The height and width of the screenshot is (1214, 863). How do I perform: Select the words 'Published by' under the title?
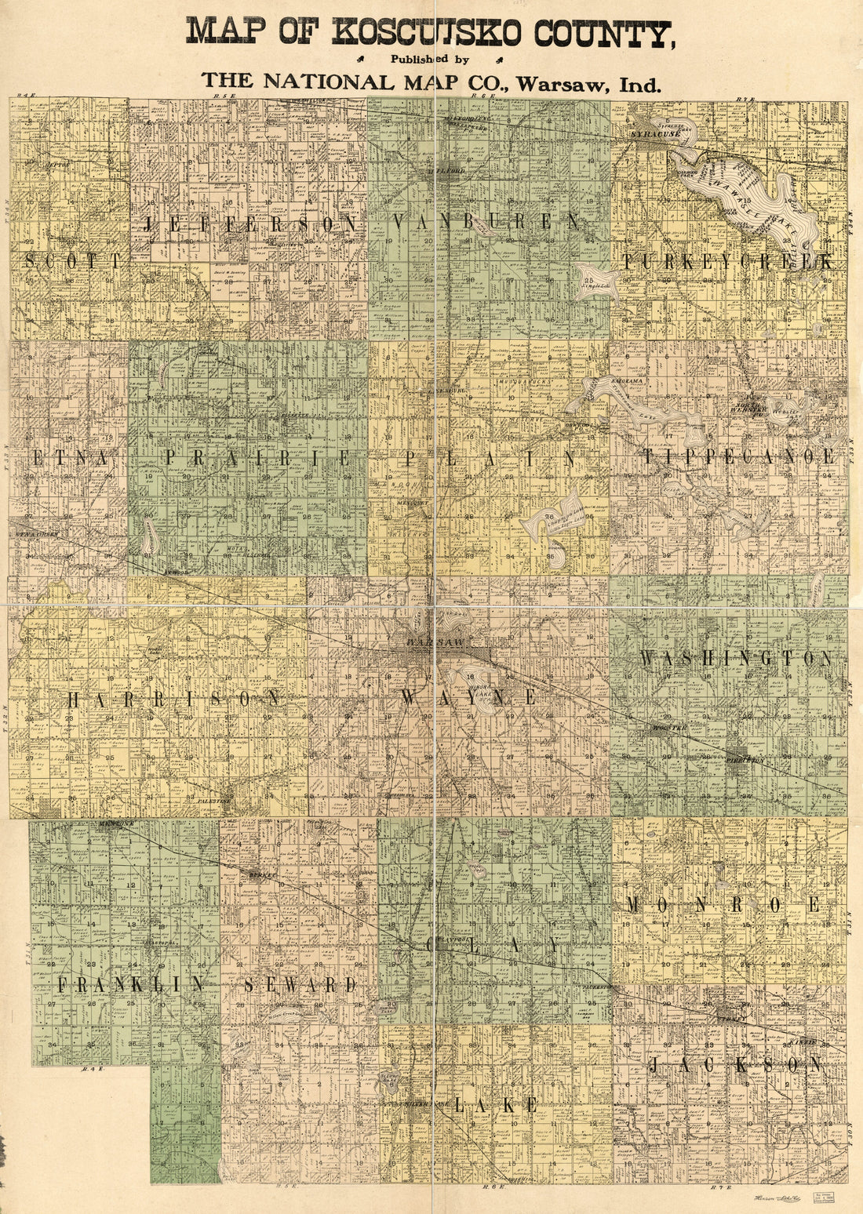(x=431, y=59)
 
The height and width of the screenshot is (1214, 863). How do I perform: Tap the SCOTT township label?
(x=74, y=261)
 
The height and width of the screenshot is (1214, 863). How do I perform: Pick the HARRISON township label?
(x=173, y=699)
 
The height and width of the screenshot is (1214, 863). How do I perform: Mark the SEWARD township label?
(x=300, y=986)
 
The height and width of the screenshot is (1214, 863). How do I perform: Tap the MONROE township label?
(x=723, y=905)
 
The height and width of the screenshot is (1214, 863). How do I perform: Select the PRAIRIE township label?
(x=257, y=459)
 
